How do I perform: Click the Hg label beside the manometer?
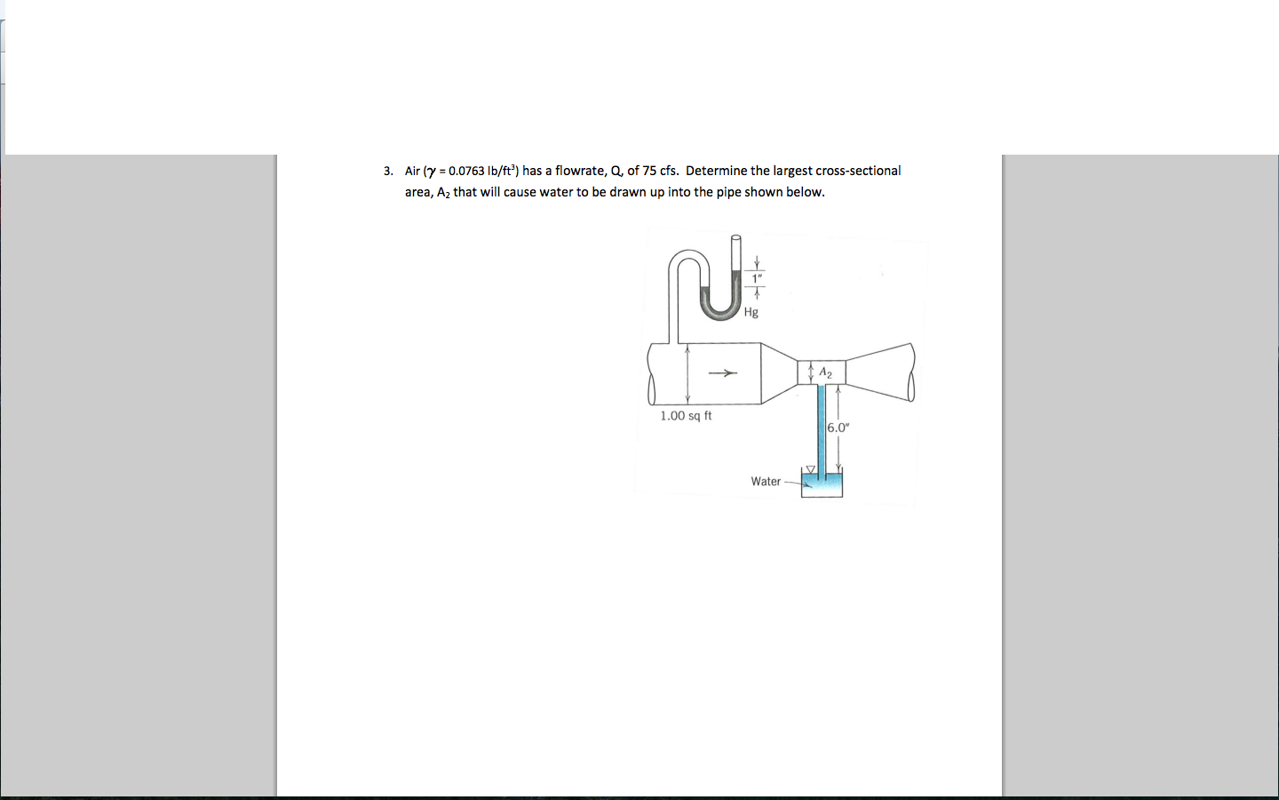751,312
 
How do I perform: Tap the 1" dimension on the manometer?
757,278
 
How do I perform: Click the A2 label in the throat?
825,372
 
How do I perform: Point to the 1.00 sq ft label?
686,415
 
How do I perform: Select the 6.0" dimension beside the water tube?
838,428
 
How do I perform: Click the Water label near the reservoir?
766,481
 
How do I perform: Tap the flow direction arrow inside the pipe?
724,373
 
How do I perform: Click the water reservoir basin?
822,486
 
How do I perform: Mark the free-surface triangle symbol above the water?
809,469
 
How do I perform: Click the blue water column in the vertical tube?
822,427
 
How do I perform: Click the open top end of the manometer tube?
735,238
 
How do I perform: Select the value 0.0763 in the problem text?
466,171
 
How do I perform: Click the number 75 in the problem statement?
649,171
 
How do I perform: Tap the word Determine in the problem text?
716,171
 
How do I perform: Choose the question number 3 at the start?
387,171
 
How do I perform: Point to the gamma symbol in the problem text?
432,172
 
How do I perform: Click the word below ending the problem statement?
805,192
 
